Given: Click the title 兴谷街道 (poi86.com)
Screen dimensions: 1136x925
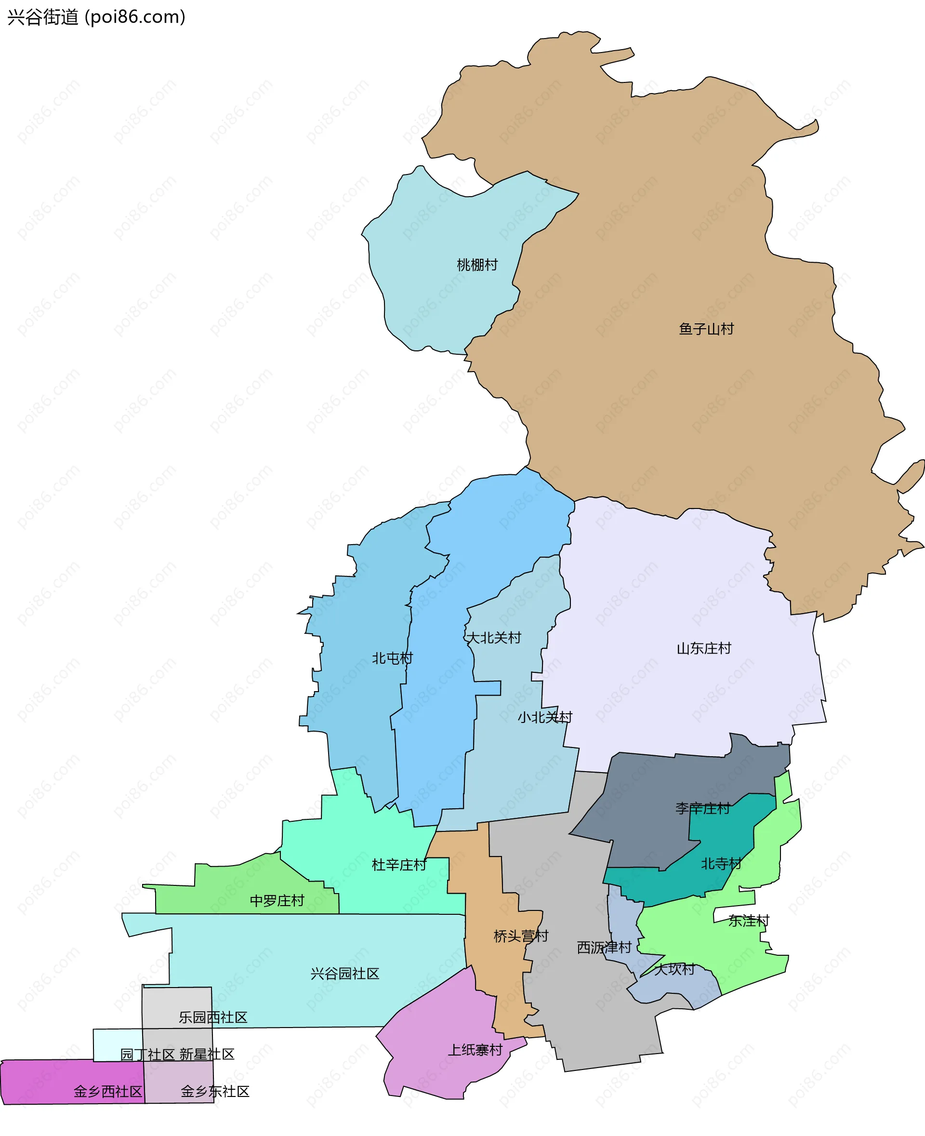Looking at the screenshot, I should point(96,17).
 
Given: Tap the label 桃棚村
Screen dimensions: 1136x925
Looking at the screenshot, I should point(477,265).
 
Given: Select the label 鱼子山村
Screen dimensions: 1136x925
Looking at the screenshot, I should point(706,328).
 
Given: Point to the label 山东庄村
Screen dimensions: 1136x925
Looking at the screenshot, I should point(703,648).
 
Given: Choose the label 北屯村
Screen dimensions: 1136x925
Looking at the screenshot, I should point(392,658).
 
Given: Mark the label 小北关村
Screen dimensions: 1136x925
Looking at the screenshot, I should point(544,717).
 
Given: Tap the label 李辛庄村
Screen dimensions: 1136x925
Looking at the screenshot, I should point(702,808).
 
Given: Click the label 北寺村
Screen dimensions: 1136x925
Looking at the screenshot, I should point(721,863).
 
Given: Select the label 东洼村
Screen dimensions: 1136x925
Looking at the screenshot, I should point(749,921).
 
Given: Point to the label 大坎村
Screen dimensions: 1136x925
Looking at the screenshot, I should point(674,969).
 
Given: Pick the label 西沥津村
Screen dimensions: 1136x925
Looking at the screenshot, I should point(604,947).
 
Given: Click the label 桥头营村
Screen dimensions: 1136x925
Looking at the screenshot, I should point(521,936).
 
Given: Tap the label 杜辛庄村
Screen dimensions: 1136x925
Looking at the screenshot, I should point(398,865).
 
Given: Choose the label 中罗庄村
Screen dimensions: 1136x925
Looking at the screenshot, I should point(277,900).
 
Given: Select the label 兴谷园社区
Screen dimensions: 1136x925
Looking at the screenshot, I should point(345,974).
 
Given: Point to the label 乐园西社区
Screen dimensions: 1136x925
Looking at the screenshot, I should point(212,1017).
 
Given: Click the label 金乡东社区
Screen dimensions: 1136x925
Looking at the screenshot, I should point(215,1091).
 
